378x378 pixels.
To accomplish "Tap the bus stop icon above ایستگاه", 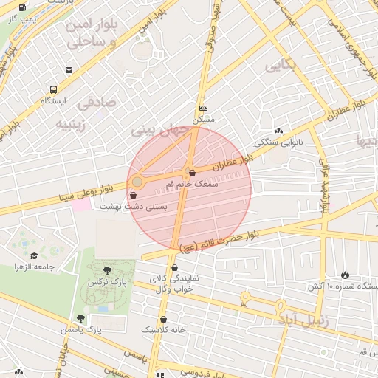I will tap(53, 89).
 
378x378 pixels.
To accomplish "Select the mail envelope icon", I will tap(69, 70).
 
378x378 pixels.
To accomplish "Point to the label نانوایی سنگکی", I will tap(278, 142).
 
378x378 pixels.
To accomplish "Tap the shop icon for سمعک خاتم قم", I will tap(192, 173).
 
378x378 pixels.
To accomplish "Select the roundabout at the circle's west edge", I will tap(137, 181).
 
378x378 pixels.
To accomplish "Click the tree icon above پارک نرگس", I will tap(108, 270).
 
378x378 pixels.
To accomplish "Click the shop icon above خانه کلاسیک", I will tap(163, 320).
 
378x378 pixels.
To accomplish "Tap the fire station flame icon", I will tap(344, 275).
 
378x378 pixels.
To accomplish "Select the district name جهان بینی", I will tap(155, 128).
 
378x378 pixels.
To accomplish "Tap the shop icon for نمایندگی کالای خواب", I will tap(174, 268).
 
